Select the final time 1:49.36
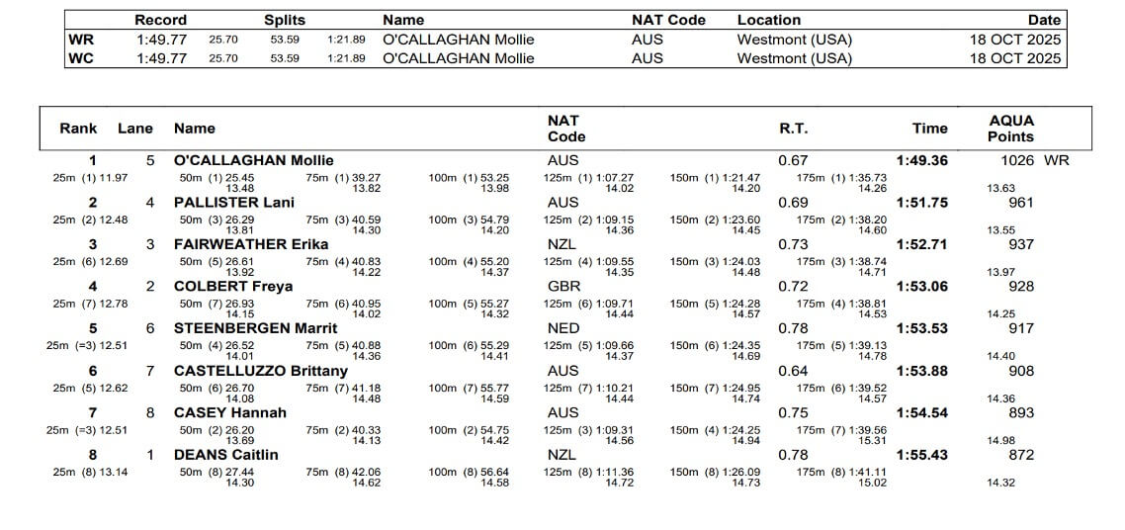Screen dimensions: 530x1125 point(921,160)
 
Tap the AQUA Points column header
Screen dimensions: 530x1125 point(1010,129)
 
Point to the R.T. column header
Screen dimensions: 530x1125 point(793,129)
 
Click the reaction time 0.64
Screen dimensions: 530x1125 point(793,371)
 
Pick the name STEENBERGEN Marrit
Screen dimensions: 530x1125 point(255,328)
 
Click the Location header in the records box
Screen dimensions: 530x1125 point(769,20)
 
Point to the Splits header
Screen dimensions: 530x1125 point(285,20)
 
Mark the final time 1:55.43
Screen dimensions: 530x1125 point(921,455)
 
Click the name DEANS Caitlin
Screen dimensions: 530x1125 point(225,455)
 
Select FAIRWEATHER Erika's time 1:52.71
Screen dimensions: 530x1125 point(921,244)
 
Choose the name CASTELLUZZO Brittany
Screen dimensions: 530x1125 point(261,371)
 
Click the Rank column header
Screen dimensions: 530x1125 point(78,129)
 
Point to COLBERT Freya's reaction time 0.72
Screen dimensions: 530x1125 point(793,287)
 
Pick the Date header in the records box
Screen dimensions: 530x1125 point(1043,20)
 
